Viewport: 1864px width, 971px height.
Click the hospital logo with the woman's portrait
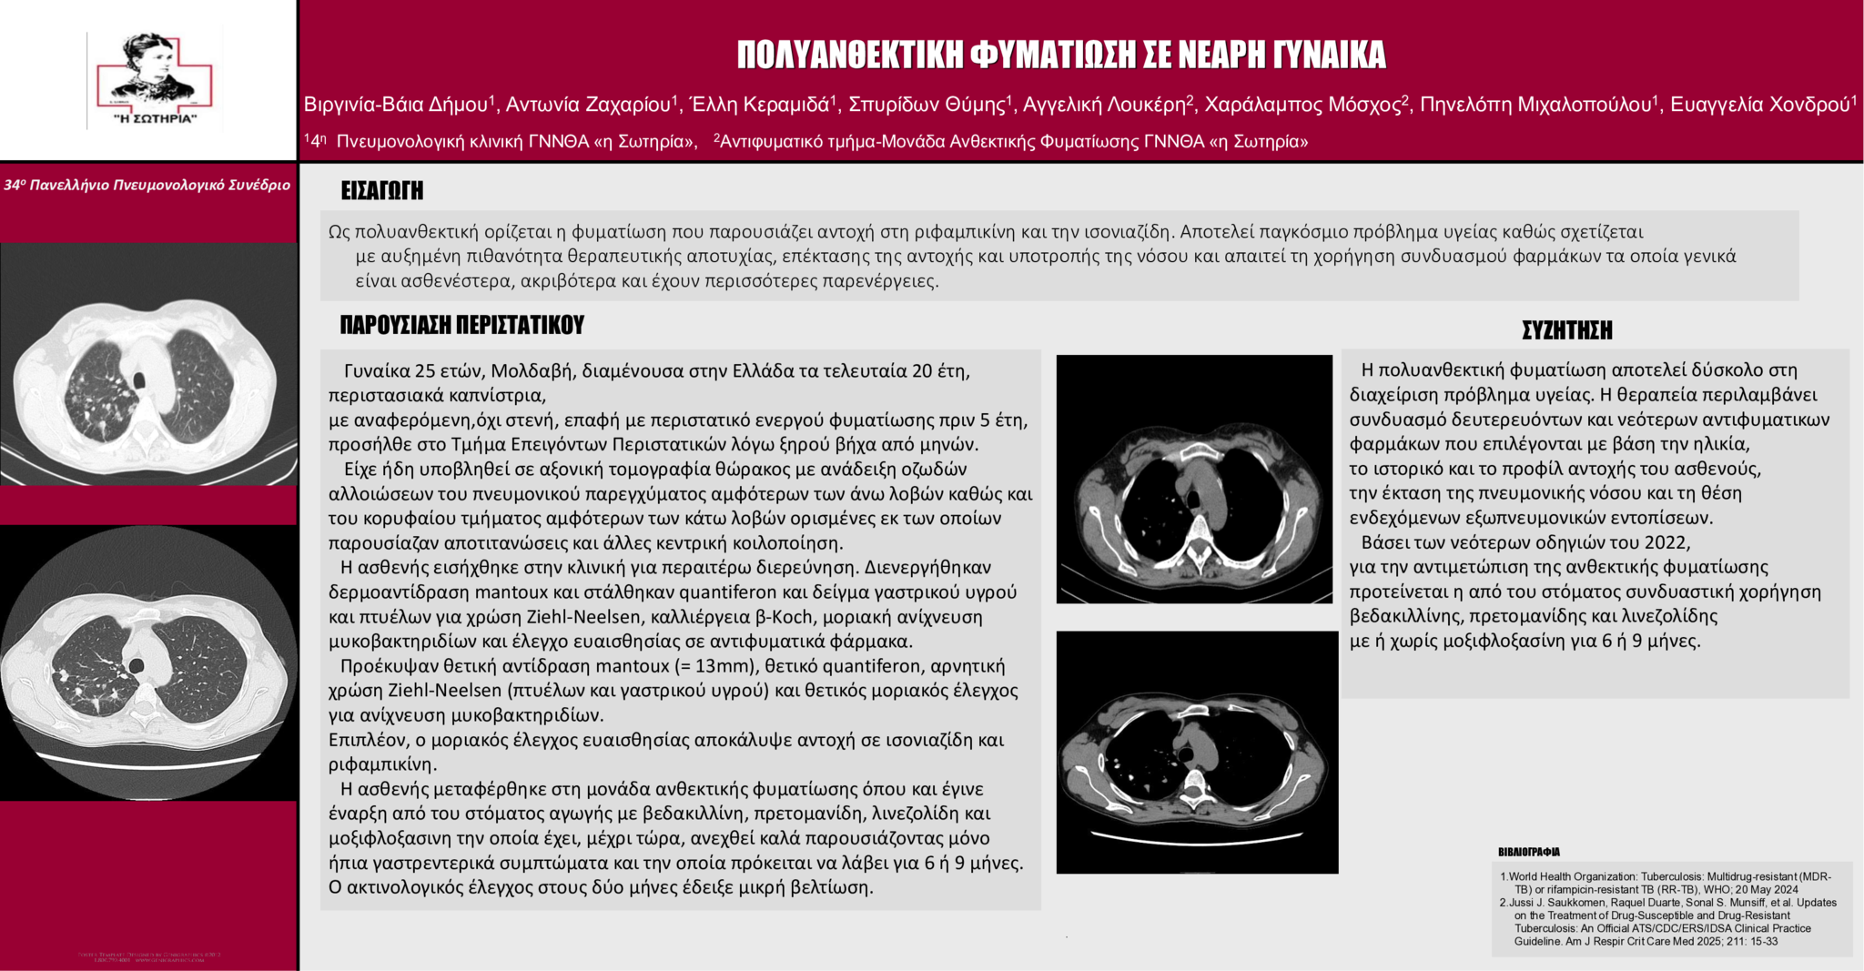click(x=153, y=80)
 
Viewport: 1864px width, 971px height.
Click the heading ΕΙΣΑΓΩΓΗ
click(x=381, y=191)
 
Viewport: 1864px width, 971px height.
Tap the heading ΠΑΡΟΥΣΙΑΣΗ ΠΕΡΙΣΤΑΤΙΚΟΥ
click(x=461, y=326)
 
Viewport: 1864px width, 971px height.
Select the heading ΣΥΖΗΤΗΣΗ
click(x=1566, y=330)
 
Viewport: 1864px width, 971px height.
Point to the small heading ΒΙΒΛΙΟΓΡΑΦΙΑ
click(x=1529, y=853)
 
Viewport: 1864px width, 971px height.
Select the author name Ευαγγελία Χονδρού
click(x=1760, y=106)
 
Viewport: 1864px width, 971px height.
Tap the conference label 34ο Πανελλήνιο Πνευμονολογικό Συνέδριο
click(x=147, y=186)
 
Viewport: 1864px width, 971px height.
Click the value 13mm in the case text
click(x=724, y=666)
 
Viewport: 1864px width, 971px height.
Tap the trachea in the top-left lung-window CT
click(x=139, y=378)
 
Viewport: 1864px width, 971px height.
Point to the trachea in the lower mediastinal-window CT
click(x=1185, y=754)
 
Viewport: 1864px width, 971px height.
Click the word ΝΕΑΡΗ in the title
click(x=1219, y=56)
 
